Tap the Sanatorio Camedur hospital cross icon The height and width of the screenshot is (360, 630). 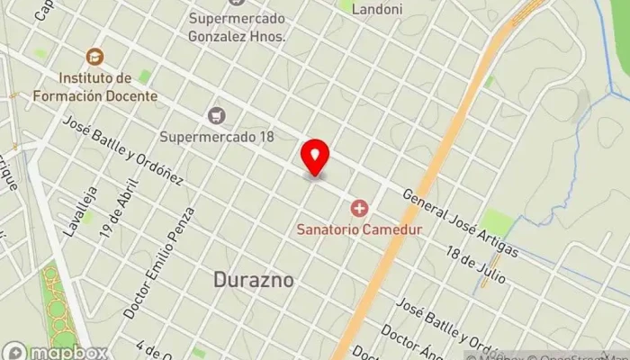coord(360,210)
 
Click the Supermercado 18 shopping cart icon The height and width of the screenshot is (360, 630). coord(216,115)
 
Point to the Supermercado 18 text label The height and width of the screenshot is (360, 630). coord(216,137)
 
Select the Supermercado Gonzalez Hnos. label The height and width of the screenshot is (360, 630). coord(237,28)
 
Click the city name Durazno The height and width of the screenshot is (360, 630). coord(254,280)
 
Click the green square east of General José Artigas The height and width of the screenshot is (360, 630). coord(496,221)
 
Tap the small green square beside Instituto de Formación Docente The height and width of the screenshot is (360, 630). coord(144,77)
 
